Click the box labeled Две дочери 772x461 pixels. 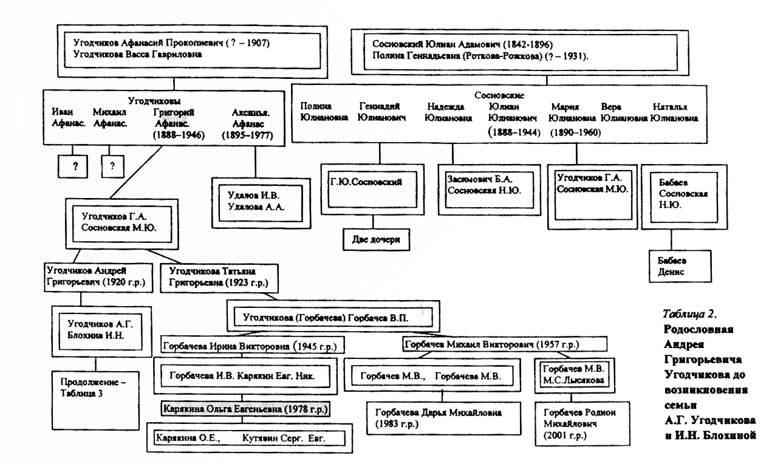375,239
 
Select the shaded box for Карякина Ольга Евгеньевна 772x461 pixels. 245,410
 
